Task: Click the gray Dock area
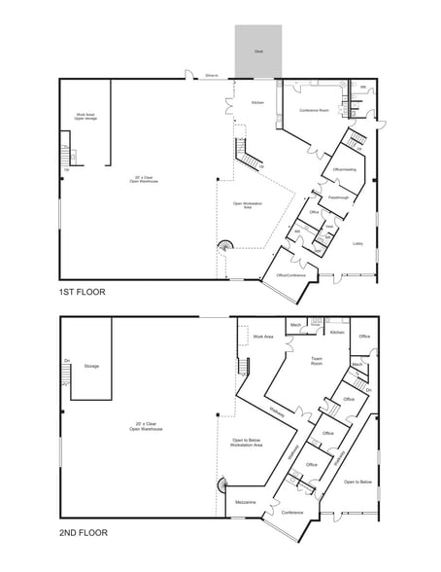tap(258, 51)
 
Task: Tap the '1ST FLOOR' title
tap(82, 292)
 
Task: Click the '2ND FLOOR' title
tap(83, 532)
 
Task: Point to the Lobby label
tap(357, 243)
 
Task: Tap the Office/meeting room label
tap(345, 169)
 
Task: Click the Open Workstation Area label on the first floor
tap(250, 205)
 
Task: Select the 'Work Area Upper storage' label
tap(85, 117)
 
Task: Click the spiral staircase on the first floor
tap(226, 246)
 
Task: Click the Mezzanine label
tap(246, 502)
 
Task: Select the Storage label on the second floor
tap(91, 366)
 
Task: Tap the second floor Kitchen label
tap(337, 333)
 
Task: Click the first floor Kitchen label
tap(258, 102)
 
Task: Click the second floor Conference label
tap(292, 512)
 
